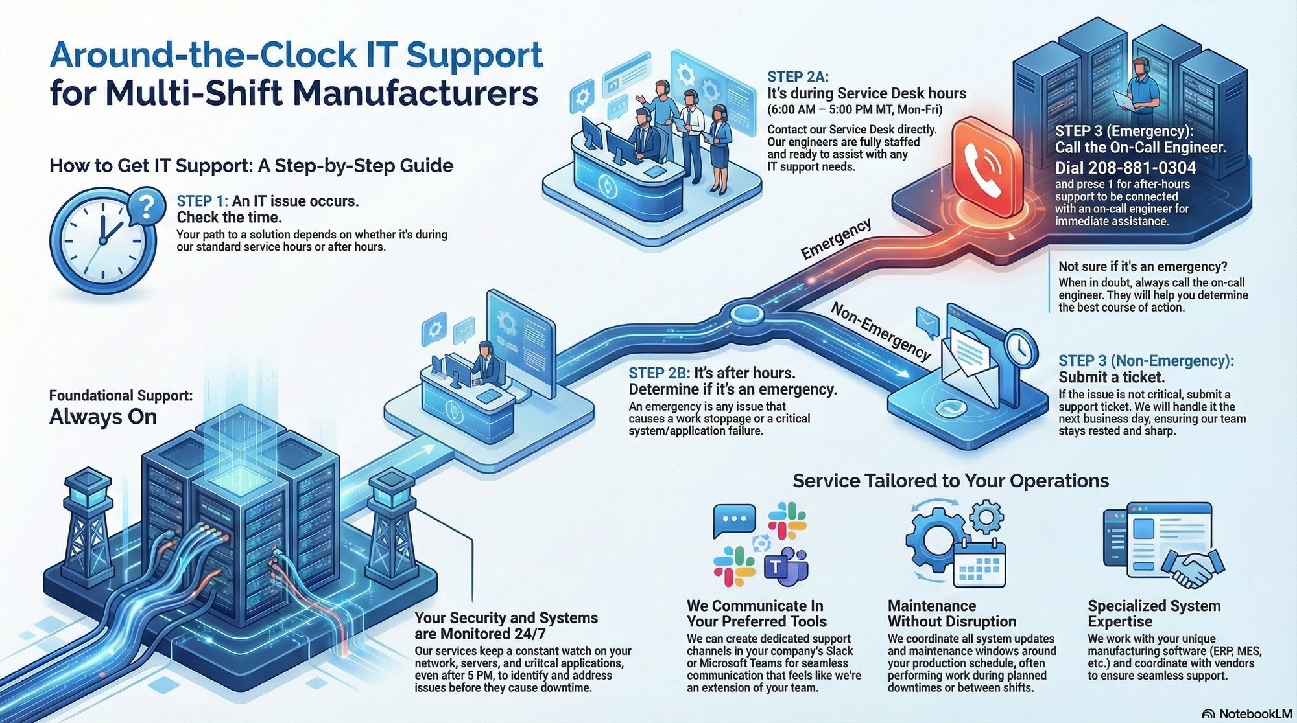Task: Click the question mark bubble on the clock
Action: (x=147, y=207)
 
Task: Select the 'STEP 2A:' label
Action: (x=798, y=77)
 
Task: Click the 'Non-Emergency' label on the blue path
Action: (x=881, y=331)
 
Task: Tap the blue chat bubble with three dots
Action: (x=733, y=520)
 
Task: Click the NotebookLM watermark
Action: (x=1246, y=713)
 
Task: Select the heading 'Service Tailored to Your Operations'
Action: (x=951, y=481)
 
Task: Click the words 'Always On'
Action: (x=103, y=417)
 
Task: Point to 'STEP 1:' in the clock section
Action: (x=202, y=201)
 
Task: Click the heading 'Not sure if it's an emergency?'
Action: (x=1143, y=266)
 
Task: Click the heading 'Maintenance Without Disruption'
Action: (x=951, y=614)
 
